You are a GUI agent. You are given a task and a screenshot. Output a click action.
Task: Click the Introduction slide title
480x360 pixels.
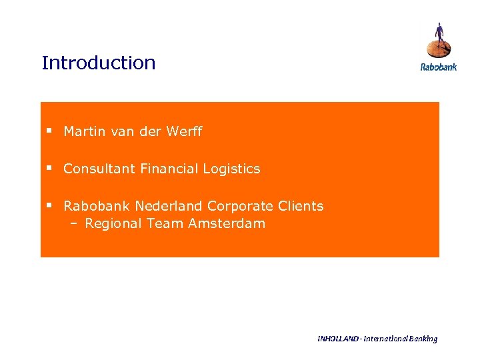98,63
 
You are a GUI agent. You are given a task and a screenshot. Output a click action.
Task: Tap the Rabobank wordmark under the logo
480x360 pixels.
438,67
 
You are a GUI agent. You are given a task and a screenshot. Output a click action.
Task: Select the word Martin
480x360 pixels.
84,131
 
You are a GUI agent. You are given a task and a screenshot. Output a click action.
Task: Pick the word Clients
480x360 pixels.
299,206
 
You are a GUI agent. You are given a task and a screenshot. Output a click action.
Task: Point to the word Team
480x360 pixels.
165,223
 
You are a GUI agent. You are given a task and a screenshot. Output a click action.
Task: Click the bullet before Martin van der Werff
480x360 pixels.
49,131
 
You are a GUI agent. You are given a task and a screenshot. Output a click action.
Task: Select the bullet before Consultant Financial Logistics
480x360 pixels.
49,169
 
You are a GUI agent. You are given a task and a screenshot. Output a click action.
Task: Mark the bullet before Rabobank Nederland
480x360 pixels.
49,206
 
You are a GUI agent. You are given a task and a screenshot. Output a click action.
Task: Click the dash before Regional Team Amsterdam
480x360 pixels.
74,224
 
